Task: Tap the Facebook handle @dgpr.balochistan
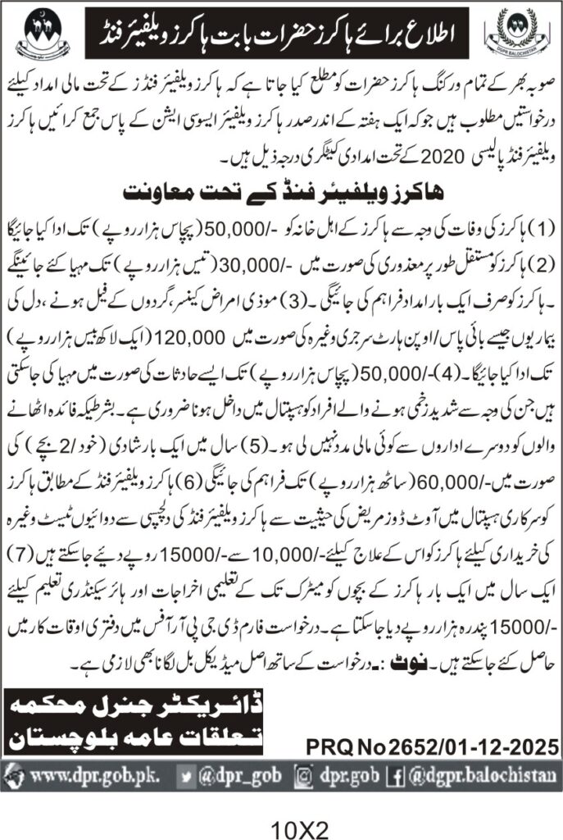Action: pyautogui.click(x=481, y=773)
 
